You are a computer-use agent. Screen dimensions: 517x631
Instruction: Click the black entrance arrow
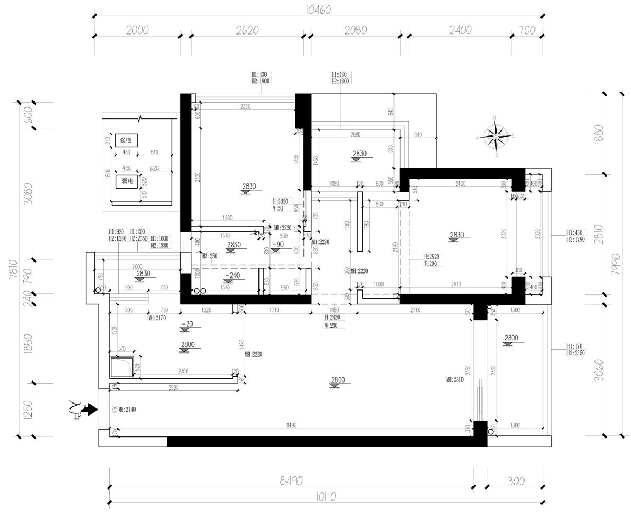(89, 409)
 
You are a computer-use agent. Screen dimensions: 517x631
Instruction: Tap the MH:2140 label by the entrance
(128, 409)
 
